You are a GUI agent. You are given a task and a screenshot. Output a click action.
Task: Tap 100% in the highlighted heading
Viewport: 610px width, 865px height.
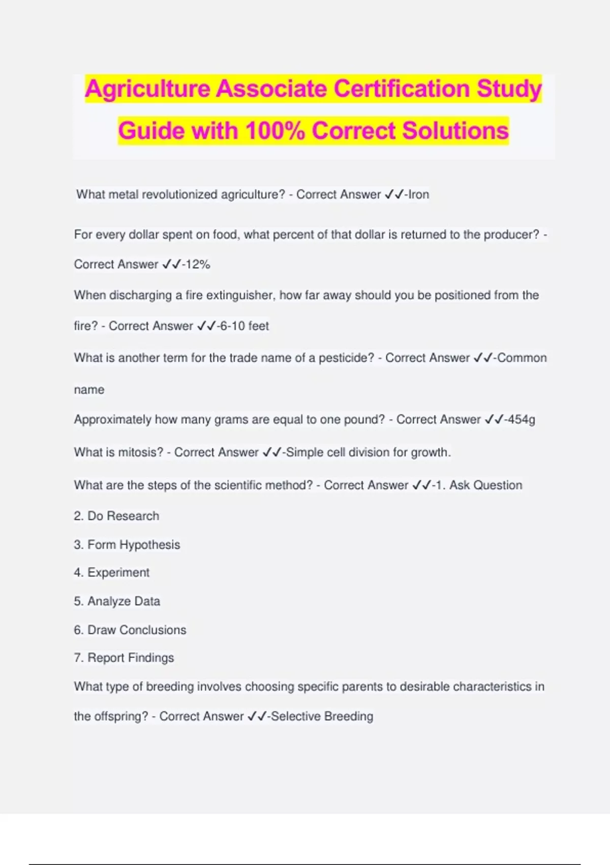coord(275,131)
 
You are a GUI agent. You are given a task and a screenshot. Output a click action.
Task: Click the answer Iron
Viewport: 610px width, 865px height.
coord(419,194)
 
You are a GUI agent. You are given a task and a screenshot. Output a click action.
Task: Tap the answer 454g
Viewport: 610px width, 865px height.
coord(520,420)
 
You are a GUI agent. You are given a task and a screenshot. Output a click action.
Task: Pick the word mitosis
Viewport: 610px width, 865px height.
coord(140,452)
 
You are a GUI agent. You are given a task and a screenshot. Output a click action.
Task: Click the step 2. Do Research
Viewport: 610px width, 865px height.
coord(116,516)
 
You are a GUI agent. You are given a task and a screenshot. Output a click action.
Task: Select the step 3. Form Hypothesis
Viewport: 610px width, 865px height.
coord(127,545)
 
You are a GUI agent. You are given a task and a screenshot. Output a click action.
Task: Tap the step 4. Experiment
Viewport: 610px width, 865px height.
coord(111,573)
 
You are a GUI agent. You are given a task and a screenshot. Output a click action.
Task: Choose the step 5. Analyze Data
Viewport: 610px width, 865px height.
coord(117,601)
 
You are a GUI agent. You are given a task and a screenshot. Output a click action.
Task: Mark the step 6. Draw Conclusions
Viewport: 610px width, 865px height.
coord(130,630)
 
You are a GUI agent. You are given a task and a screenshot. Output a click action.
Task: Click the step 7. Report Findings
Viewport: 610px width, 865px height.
coord(124,658)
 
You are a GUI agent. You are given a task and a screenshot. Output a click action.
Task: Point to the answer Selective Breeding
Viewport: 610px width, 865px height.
coord(322,716)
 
